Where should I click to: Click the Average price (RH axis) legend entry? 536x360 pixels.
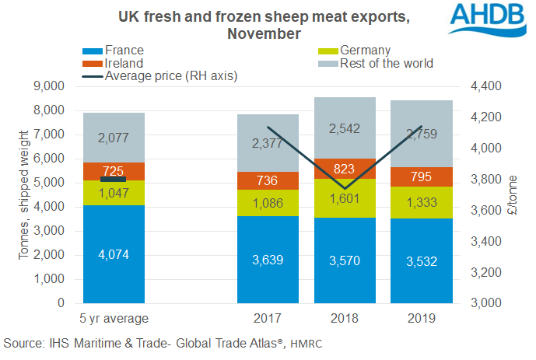[x=170, y=75]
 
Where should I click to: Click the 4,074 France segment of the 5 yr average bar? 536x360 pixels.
[x=114, y=253]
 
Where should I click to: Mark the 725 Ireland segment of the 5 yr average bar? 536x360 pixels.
[x=114, y=171]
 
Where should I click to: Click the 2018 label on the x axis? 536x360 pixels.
[x=345, y=318]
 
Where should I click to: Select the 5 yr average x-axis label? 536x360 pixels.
[x=114, y=318]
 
